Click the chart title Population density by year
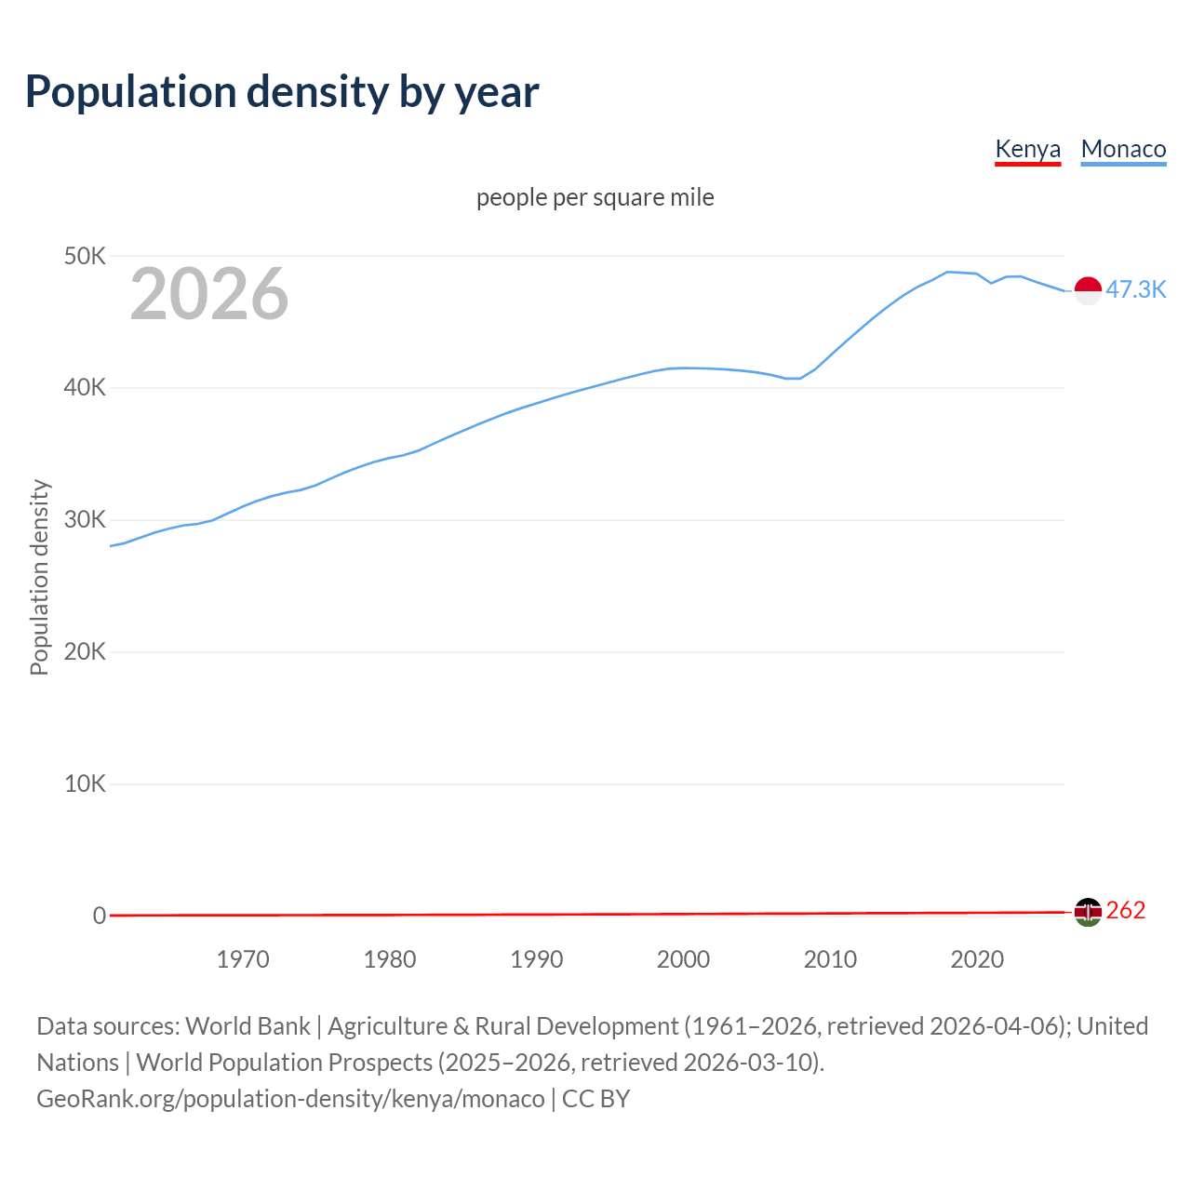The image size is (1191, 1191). click(x=282, y=92)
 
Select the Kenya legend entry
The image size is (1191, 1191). click(x=1027, y=149)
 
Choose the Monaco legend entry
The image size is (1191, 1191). click(x=1123, y=149)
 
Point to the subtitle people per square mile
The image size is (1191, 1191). click(x=595, y=197)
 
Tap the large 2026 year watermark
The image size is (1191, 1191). click(x=209, y=294)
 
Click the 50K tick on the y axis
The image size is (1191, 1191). click(x=85, y=256)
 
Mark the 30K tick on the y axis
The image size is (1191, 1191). click(x=85, y=519)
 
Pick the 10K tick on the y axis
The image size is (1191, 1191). click(x=85, y=783)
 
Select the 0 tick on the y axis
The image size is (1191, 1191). click(x=100, y=916)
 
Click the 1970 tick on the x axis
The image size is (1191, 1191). click(x=243, y=959)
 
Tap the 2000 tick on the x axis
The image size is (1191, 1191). click(x=683, y=959)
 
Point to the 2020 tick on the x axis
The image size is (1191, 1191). click(x=977, y=959)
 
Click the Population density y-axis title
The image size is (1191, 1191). click(x=39, y=577)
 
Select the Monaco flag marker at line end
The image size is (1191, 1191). click(x=1088, y=290)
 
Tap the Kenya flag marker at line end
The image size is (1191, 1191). click(x=1088, y=912)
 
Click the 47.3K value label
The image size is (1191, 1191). click(x=1135, y=289)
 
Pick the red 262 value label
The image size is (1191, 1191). click(x=1126, y=910)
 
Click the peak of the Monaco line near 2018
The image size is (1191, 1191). click(x=947, y=272)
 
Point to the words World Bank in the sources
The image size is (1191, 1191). click(x=248, y=1026)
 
